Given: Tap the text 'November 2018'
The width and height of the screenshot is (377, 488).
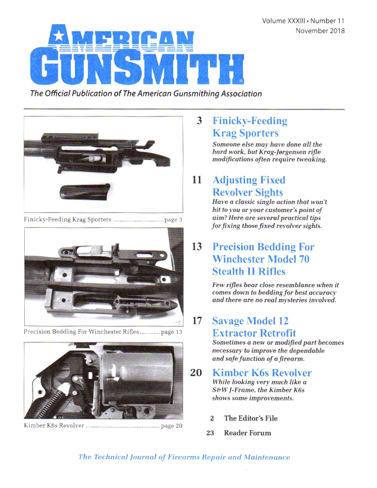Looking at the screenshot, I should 320,30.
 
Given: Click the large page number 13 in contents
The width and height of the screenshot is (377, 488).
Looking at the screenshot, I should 198,247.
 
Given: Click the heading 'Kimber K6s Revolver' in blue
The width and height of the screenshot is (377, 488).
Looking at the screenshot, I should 262,373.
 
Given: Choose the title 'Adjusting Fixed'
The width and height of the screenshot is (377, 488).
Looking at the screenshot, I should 248,180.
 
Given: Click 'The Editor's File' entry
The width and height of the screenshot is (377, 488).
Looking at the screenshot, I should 250,418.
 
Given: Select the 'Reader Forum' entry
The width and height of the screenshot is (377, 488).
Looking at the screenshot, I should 247,433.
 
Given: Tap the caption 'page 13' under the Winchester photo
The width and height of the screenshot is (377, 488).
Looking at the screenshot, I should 168,332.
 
